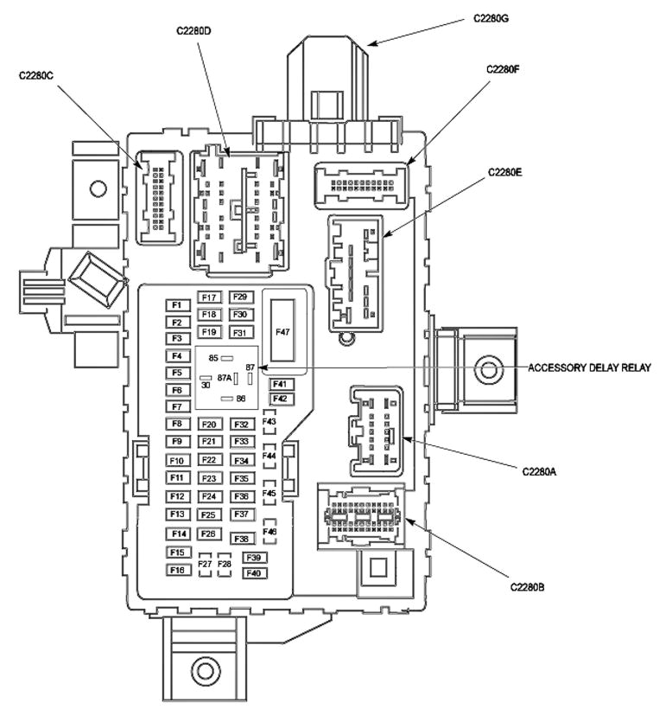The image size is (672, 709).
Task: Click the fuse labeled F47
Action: [283, 330]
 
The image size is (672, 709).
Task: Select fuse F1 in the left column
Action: [177, 305]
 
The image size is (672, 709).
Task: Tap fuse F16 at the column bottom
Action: [178, 570]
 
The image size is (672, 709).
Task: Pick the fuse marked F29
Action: [241, 297]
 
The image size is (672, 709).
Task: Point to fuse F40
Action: [254, 572]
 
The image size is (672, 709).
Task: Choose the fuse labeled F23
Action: [208, 478]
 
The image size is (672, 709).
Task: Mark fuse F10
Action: [178, 461]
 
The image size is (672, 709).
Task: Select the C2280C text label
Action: [36, 75]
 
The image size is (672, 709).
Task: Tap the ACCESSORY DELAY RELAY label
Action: [589, 367]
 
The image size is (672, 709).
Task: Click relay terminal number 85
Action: [213, 357]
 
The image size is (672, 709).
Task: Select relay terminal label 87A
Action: [225, 378]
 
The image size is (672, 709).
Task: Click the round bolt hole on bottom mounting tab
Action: [204, 668]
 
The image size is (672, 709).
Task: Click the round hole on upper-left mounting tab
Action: [98, 187]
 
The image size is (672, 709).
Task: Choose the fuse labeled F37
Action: [241, 514]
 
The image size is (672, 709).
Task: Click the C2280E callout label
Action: [504, 172]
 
